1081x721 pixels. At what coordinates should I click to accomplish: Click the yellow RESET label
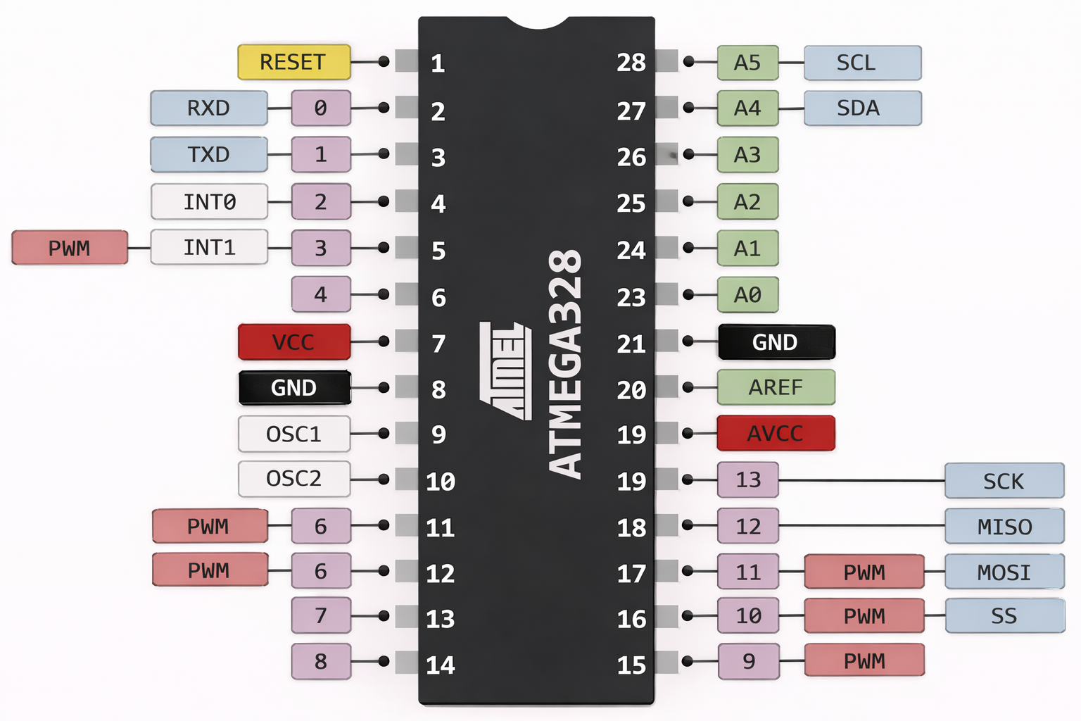[x=293, y=62]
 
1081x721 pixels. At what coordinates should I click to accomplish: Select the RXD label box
[x=209, y=108]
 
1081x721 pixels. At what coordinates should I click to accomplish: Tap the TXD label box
[x=209, y=154]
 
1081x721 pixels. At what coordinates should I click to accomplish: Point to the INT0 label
[x=209, y=202]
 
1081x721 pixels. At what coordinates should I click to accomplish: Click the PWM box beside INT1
[x=70, y=248]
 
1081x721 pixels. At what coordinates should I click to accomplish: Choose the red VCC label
[x=293, y=342]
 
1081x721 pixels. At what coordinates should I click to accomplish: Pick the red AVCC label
[x=776, y=433]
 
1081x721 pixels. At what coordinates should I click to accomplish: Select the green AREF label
[x=776, y=387]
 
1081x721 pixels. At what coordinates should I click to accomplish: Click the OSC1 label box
[x=293, y=434]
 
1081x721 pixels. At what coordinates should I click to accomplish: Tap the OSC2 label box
[x=293, y=479]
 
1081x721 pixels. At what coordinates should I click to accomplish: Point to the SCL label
[x=862, y=63]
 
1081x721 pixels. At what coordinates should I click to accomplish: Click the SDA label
[x=862, y=108]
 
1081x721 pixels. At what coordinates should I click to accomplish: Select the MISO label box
[x=1004, y=527]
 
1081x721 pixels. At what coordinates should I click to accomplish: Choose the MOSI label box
[x=1004, y=572]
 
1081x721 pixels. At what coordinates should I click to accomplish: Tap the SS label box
[x=1004, y=616]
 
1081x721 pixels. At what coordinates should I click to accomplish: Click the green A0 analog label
[x=747, y=294]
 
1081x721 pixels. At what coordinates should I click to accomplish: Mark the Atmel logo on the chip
[x=505, y=371]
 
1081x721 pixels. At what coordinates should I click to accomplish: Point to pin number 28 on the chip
[x=631, y=63]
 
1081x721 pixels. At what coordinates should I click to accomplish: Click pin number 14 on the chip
[x=441, y=665]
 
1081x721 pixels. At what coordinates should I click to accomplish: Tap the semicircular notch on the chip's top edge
[x=538, y=23]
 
